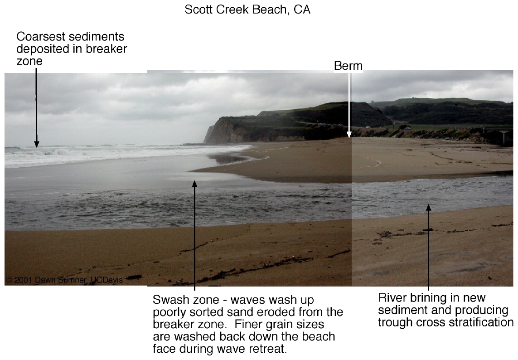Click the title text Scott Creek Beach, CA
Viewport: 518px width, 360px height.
pos(247,10)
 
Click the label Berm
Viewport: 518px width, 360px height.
pos(348,66)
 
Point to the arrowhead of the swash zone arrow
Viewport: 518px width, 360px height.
pos(194,184)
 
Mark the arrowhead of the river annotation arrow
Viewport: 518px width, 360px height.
pos(428,207)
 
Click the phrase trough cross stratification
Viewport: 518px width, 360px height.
pos(445,322)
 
